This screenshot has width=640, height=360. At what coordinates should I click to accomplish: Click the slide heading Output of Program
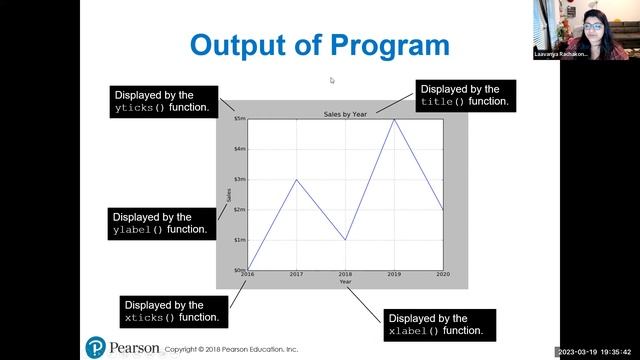pyautogui.click(x=319, y=45)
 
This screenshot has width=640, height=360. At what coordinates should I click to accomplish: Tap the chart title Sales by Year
pyautogui.click(x=345, y=114)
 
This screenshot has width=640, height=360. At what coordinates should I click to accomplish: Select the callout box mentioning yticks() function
pyautogui.click(x=163, y=100)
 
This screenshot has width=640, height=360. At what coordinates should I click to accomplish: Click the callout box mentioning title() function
pyautogui.click(x=465, y=95)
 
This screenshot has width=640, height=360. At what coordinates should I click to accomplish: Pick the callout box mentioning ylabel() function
pyautogui.click(x=163, y=223)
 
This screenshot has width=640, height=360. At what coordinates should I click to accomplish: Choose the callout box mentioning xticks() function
pyautogui.click(x=172, y=311)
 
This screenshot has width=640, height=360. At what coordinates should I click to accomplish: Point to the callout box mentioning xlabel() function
pyautogui.click(x=435, y=324)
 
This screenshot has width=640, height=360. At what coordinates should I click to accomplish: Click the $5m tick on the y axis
pyautogui.click(x=240, y=119)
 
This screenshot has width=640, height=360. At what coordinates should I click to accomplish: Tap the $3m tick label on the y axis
pyautogui.click(x=240, y=179)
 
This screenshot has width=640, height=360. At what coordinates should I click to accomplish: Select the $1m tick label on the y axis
pyautogui.click(x=240, y=240)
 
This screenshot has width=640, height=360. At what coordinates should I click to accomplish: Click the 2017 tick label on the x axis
pyautogui.click(x=296, y=274)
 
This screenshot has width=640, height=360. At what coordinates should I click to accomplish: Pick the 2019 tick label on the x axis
pyautogui.click(x=393, y=274)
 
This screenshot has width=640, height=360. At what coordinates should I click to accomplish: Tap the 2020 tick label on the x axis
pyautogui.click(x=441, y=274)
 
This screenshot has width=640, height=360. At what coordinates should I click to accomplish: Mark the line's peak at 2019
pyautogui.click(x=394, y=119)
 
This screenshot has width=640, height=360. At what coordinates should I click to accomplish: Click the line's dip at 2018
pyautogui.click(x=345, y=240)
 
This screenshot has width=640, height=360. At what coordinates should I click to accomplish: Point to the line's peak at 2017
pyautogui.click(x=296, y=180)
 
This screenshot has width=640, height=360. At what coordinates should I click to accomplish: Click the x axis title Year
pyautogui.click(x=345, y=282)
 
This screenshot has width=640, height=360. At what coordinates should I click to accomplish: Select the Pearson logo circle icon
pyautogui.click(x=96, y=348)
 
